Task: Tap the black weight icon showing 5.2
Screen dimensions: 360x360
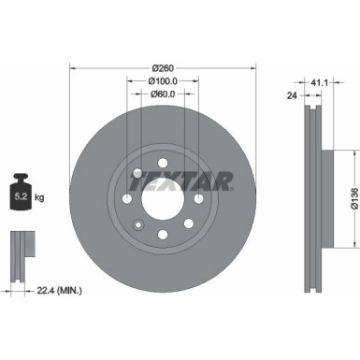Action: click(21, 192)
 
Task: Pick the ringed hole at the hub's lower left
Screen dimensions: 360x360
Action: click(137, 223)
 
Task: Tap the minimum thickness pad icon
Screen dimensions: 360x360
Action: click(21, 252)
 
